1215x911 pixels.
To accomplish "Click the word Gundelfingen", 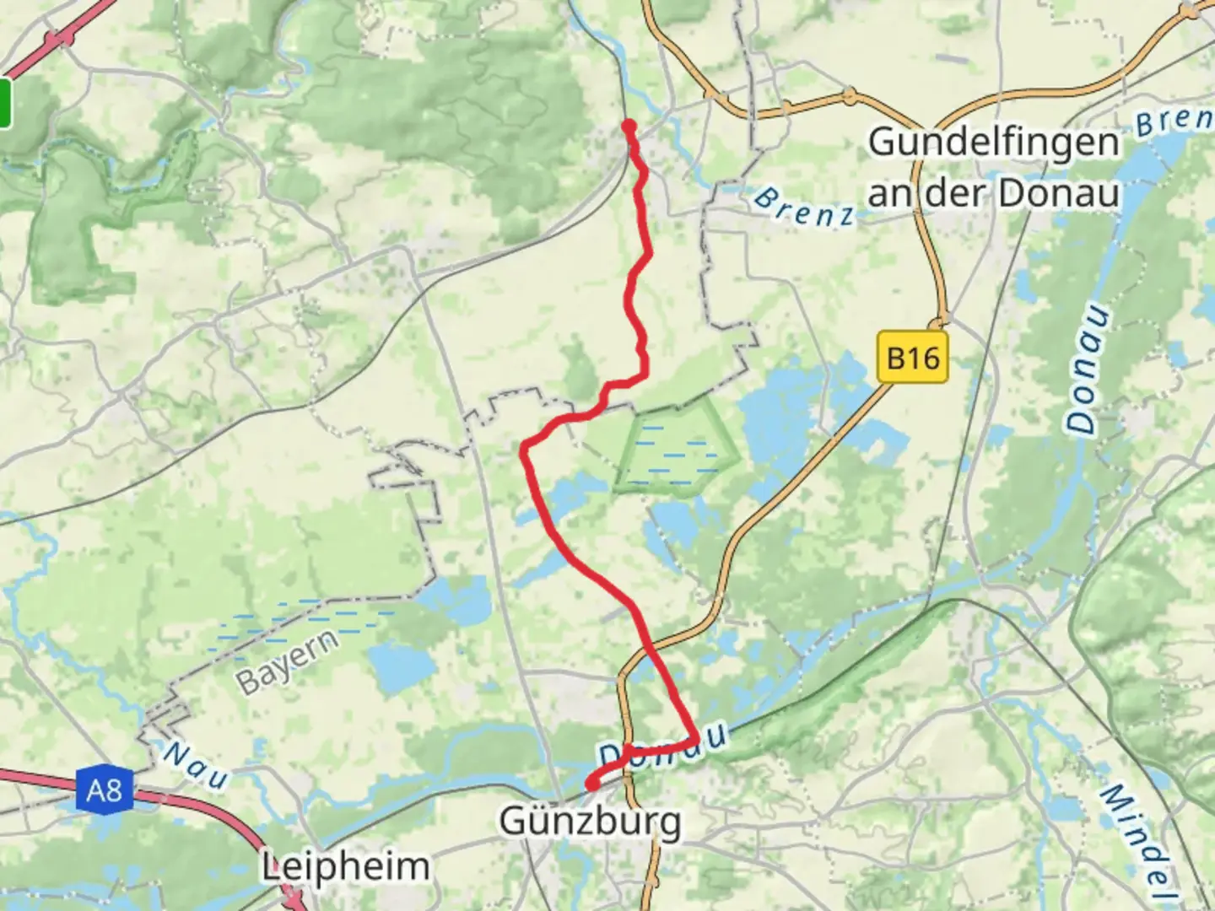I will click(993, 143).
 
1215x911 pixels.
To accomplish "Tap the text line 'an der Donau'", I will click(993, 193).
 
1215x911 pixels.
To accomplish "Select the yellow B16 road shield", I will click(913, 358).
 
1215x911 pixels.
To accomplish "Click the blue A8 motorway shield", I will click(104, 790).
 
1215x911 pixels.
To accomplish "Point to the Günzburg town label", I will click(590, 820).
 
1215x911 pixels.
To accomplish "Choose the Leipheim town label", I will click(345, 866).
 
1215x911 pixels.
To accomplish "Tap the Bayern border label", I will click(287, 661).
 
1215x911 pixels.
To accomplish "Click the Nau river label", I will click(195, 764).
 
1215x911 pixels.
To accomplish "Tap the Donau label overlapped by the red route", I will click(663, 746).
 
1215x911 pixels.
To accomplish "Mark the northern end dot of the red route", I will click(629, 127).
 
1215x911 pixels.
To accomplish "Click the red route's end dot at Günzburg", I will click(592, 784).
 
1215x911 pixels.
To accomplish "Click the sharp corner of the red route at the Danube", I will click(694, 740).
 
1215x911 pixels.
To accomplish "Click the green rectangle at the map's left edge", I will click(5, 103).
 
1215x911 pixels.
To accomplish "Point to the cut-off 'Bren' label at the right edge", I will click(1174, 121).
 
